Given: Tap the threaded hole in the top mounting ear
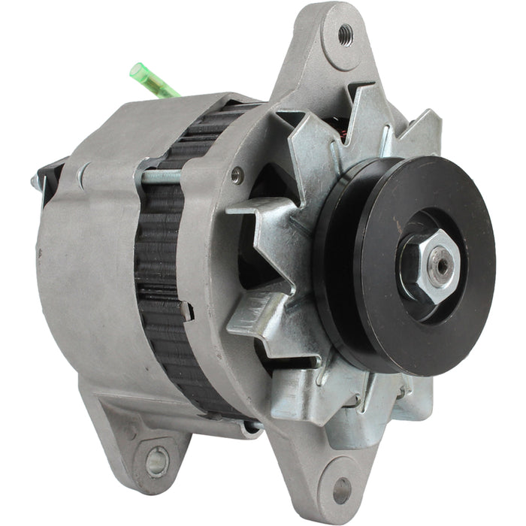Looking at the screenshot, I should [x=346, y=33].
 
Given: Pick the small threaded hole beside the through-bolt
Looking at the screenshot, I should [x=237, y=176].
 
